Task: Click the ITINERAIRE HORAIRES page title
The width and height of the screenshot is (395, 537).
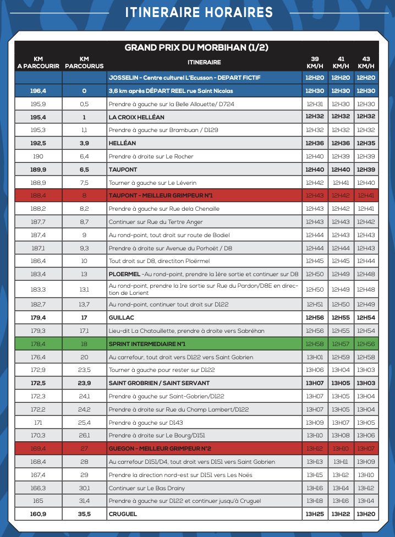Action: tap(199, 13)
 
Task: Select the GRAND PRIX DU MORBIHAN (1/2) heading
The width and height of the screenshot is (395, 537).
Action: tap(196, 47)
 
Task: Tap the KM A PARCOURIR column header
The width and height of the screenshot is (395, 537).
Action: tap(38, 62)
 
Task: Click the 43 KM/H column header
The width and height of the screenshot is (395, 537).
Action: tap(366, 62)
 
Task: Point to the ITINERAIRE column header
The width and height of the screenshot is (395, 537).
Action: tap(204, 62)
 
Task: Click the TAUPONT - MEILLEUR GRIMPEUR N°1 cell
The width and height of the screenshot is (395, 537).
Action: tap(161, 195)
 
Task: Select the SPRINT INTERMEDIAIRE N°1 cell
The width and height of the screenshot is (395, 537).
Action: tap(147, 344)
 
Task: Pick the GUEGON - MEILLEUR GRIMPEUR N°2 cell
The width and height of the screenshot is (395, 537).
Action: tap(160, 448)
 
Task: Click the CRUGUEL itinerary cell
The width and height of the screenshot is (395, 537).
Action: tap(123, 514)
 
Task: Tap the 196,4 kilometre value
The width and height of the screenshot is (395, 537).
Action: tap(38, 91)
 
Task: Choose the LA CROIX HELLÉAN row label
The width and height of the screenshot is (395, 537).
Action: tap(136, 117)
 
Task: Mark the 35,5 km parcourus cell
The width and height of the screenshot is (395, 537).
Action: tap(84, 514)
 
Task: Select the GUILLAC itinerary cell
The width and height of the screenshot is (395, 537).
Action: tap(122, 317)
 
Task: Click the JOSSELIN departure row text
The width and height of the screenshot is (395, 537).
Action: tap(192, 78)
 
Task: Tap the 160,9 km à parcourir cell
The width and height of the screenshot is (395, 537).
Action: tap(38, 514)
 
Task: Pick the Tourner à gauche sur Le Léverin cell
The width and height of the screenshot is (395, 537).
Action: tap(152, 183)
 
